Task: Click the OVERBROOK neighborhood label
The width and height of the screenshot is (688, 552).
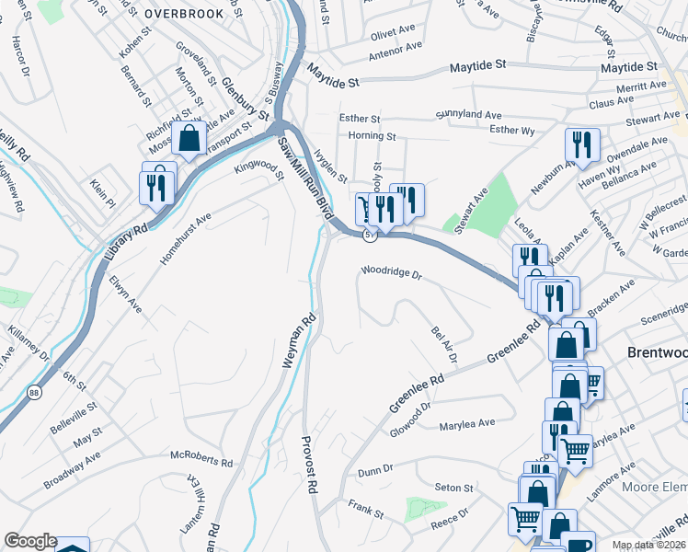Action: tap(183, 14)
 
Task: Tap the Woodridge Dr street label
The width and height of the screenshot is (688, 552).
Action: tap(390, 273)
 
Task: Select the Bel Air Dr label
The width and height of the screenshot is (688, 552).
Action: tap(444, 343)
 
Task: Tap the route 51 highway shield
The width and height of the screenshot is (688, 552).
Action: tap(369, 236)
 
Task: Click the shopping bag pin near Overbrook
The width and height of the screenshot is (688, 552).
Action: tap(189, 140)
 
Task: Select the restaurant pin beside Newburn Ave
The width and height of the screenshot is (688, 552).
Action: tap(581, 144)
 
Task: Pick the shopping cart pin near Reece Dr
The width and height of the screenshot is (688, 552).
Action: tap(525, 518)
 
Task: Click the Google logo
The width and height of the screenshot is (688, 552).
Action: tap(30, 541)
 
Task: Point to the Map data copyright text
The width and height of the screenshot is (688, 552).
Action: tap(648, 545)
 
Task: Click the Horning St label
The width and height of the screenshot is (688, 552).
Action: tap(372, 136)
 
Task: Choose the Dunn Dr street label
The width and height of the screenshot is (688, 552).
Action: tap(375, 469)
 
